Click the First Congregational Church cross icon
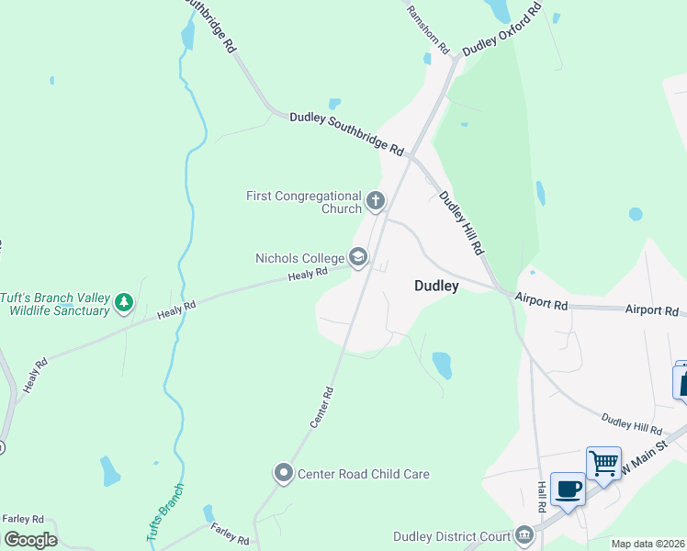pyautogui.click(x=375, y=200)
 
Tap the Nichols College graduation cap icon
pyautogui.click(x=358, y=258)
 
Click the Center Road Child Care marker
pyautogui.click(x=283, y=474)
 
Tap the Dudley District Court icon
pyautogui.click(x=524, y=534)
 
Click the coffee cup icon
pyautogui.click(x=568, y=489)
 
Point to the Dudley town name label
pyautogui.click(x=436, y=286)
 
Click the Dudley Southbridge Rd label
pyautogui.click(x=346, y=132)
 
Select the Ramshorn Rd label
pyautogui.click(x=428, y=27)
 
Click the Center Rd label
pyautogui.click(x=321, y=407)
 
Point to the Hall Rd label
pyautogui.click(x=542, y=496)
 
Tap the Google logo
pyautogui.click(x=30, y=539)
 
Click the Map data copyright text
pyautogui.click(x=648, y=544)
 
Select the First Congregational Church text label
pyautogui.click(x=304, y=202)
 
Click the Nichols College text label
pyautogui.click(x=299, y=258)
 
